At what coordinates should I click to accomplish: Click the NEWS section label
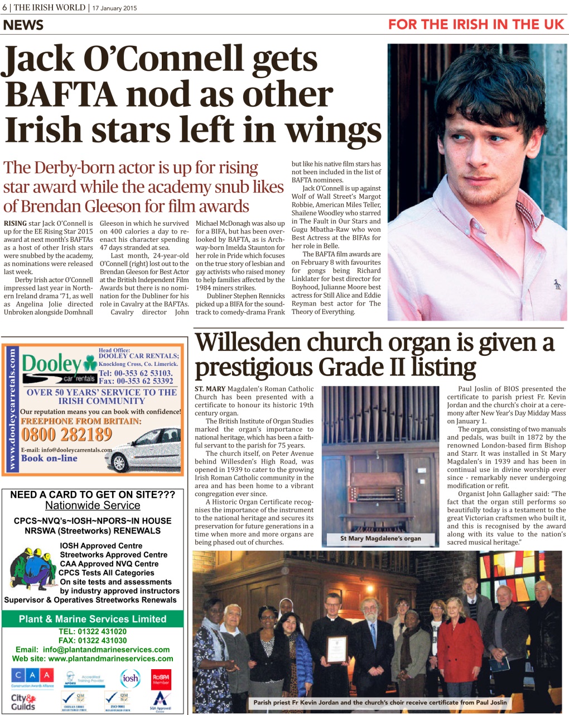click(23, 25)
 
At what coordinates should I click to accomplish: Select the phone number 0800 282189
click(66, 435)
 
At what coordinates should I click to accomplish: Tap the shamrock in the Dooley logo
click(89, 365)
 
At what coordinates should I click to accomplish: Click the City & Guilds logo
click(23, 702)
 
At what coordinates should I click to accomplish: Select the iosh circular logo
click(130, 678)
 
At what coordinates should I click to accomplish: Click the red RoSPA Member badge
click(161, 679)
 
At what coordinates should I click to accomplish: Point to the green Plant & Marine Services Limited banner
click(93, 619)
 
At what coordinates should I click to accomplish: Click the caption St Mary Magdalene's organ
click(380, 538)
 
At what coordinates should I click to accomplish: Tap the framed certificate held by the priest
click(336, 649)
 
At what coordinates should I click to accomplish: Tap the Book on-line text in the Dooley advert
click(49, 458)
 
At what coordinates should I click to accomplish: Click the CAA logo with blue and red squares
click(32, 676)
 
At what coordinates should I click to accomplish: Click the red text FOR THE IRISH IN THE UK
click(476, 25)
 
